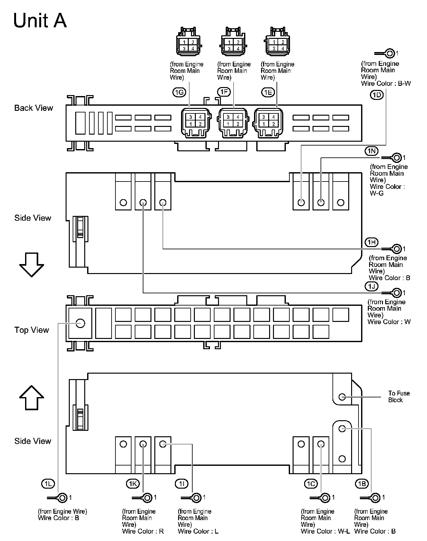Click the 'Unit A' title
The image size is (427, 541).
click(x=40, y=21)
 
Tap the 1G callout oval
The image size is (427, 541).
click(x=179, y=93)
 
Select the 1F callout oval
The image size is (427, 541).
click(x=224, y=92)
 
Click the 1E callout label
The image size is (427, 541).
click(x=268, y=93)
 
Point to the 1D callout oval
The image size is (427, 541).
click(x=377, y=95)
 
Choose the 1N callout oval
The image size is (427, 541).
click(x=371, y=151)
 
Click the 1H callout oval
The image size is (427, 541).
click(x=371, y=242)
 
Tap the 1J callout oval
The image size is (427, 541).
click(x=371, y=286)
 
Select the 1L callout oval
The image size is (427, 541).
click(x=48, y=483)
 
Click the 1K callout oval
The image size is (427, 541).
click(x=132, y=483)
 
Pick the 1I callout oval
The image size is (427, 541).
click(x=182, y=483)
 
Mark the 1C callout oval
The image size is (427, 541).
click(x=311, y=483)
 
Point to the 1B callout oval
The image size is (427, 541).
click(x=362, y=483)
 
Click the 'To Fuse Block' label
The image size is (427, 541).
click(x=399, y=396)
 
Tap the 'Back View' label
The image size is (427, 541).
click(x=33, y=108)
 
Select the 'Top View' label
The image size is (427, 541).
click(x=32, y=330)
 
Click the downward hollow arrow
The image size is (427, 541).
click(x=32, y=264)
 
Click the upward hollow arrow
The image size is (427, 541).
click(x=32, y=397)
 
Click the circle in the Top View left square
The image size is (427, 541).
click(x=80, y=323)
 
